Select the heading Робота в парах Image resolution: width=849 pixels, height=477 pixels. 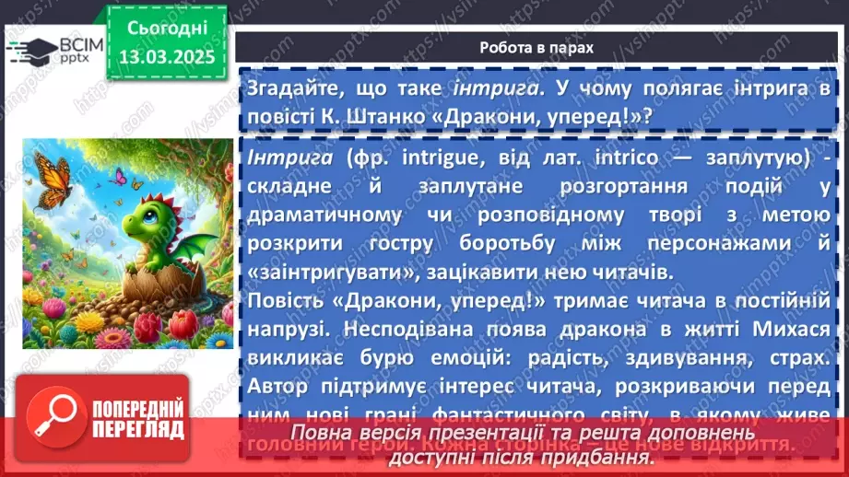(537, 47)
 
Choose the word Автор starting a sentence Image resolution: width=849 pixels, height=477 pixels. (278, 387)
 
